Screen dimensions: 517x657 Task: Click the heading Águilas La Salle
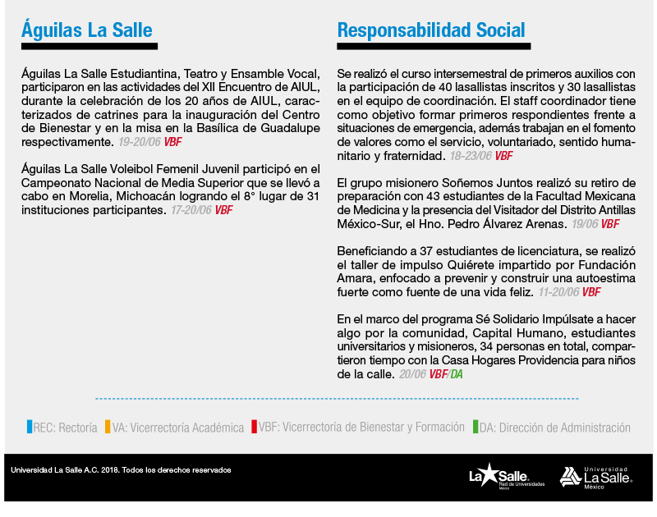(x=87, y=30)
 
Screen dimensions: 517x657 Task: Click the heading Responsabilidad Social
(x=431, y=30)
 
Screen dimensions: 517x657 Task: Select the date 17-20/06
(x=191, y=210)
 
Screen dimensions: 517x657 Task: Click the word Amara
(x=355, y=278)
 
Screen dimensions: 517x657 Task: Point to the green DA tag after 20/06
(x=456, y=374)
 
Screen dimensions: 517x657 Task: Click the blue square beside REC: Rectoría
(x=30, y=427)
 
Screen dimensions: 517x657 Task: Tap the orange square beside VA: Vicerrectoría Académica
(x=107, y=427)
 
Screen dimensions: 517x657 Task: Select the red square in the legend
(x=255, y=427)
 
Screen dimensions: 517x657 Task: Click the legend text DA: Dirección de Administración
(x=555, y=428)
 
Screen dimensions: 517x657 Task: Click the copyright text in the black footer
(x=121, y=470)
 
